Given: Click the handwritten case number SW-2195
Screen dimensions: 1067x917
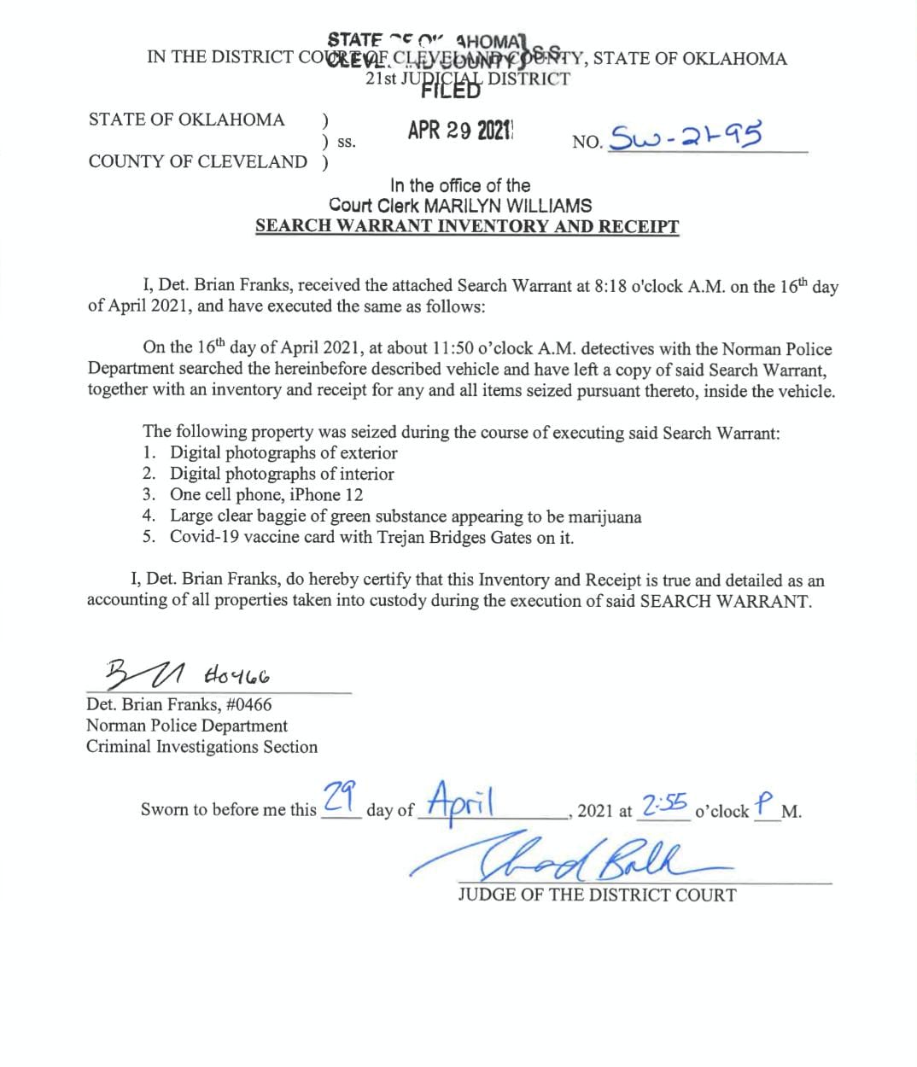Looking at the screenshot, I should [683, 135].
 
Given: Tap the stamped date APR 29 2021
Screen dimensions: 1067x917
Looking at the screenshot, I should [459, 131].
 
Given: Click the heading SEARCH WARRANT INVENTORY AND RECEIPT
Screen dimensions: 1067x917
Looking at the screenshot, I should [467, 226].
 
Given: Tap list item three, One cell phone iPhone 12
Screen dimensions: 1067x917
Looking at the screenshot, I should [266, 495].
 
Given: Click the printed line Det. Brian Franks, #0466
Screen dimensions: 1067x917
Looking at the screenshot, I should [179, 705].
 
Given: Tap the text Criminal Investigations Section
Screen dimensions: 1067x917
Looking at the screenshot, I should [202, 747].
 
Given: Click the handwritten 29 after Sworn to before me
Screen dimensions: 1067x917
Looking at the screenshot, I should [341, 799].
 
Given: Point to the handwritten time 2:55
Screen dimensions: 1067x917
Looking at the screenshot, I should [664, 804].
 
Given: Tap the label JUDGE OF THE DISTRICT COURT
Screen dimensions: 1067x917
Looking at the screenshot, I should [596, 895].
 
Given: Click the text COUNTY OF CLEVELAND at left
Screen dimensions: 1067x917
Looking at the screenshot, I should [197, 162].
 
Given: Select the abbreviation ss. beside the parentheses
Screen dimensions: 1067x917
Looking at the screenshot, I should [347, 143].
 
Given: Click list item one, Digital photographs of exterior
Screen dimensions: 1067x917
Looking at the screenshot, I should [283, 453].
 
